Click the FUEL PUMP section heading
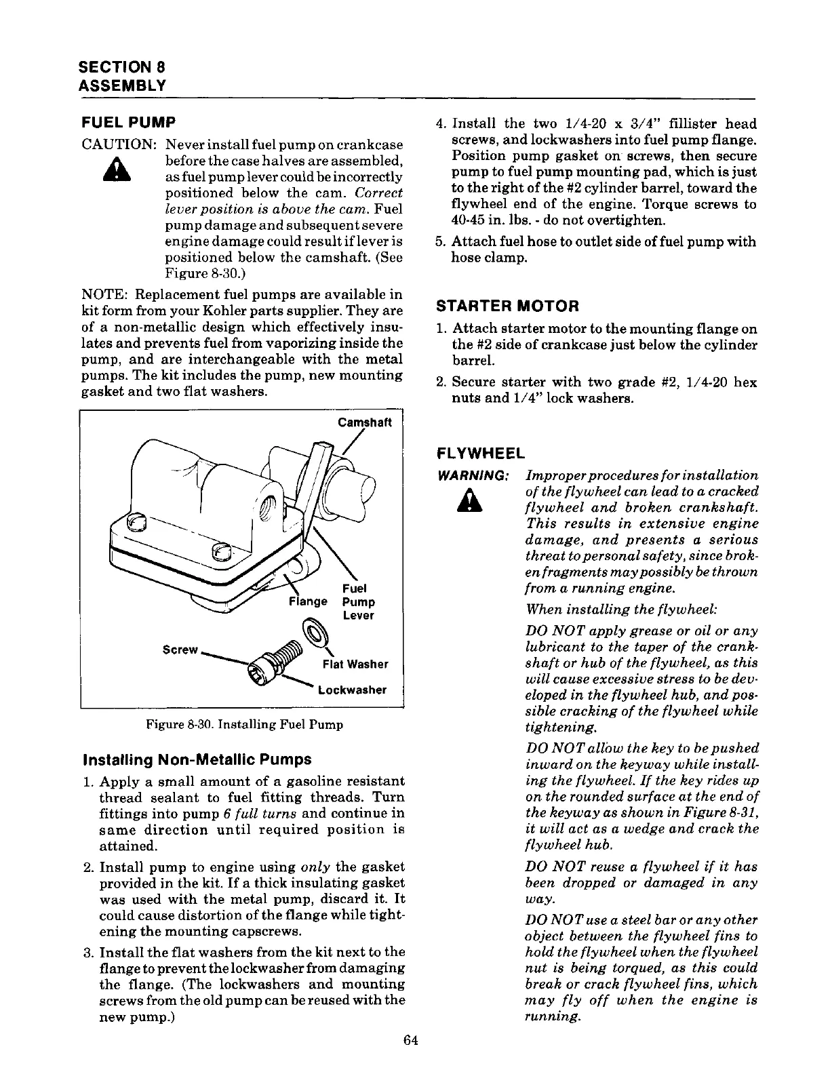click(128, 123)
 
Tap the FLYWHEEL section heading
click(481, 454)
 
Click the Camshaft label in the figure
click(365, 422)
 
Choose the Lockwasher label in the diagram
click(352, 690)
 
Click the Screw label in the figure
click(180, 650)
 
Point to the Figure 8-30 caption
click(244, 724)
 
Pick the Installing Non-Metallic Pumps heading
click(197, 759)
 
